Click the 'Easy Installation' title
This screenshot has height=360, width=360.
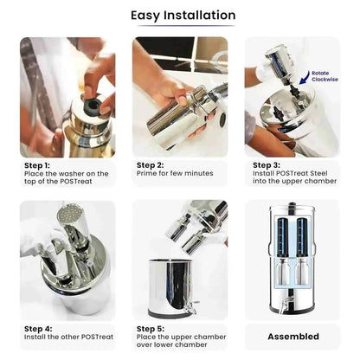click(183, 16)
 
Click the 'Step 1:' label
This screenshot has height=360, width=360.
click(37, 164)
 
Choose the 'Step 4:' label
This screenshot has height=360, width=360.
click(37, 329)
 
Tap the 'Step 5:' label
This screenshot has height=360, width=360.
click(150, 329)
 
